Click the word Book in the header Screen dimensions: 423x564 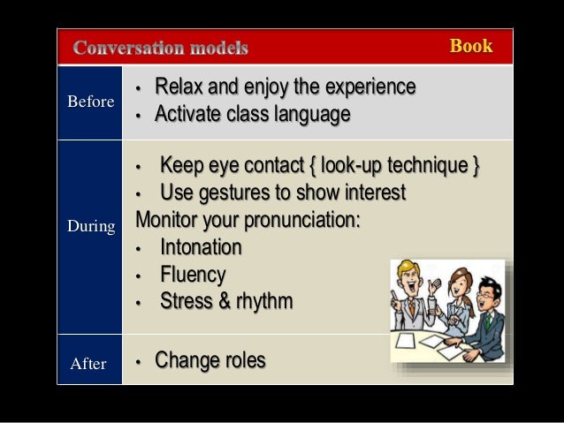(470, 46)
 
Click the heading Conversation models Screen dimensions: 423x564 (160, 47)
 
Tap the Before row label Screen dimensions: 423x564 (90, 102)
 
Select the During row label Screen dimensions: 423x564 (91, 227)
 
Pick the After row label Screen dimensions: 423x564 (88, 363)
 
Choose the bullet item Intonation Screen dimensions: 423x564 (201, 247)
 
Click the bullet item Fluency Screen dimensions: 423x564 (193, 275)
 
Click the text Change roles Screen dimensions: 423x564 (210, 361)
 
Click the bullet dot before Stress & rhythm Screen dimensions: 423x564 (138, 303)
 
